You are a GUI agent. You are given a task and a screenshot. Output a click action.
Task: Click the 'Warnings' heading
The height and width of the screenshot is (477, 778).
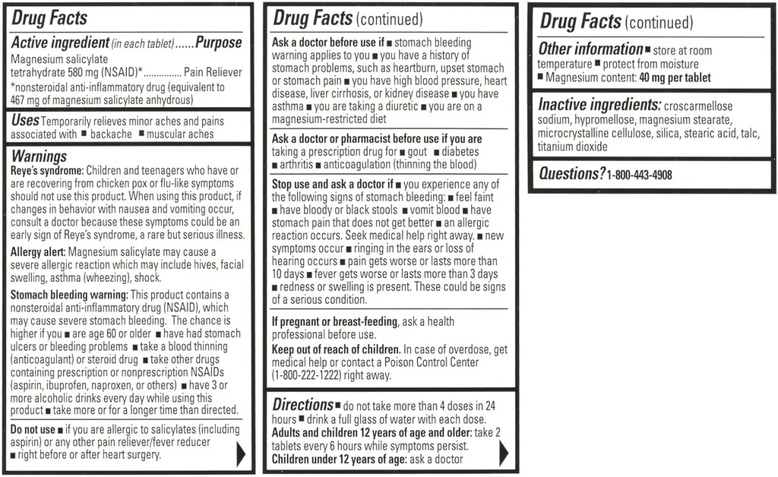tap(40, 156)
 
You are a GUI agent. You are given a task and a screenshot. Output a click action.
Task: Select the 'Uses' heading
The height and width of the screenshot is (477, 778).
tap(25, 121)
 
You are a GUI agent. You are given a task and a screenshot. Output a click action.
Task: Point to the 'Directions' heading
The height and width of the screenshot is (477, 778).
tap(302, 405)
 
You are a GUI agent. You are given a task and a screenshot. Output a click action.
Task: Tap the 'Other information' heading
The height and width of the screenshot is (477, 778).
tap(590, 49)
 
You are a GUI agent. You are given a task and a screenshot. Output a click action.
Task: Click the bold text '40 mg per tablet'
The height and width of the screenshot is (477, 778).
tap(675, 77)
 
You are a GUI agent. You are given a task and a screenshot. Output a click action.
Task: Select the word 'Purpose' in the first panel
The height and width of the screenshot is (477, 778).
tap(219, 43)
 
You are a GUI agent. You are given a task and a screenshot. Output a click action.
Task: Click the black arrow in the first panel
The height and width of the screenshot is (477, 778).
tap(241, 453)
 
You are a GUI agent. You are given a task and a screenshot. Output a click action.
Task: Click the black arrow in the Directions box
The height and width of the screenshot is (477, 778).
tap(504, 453)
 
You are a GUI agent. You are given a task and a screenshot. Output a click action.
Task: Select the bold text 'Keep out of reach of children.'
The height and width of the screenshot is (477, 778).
tap(337, 349)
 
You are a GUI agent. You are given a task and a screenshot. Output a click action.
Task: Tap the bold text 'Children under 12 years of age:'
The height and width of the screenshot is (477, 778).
tap(339, 460)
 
